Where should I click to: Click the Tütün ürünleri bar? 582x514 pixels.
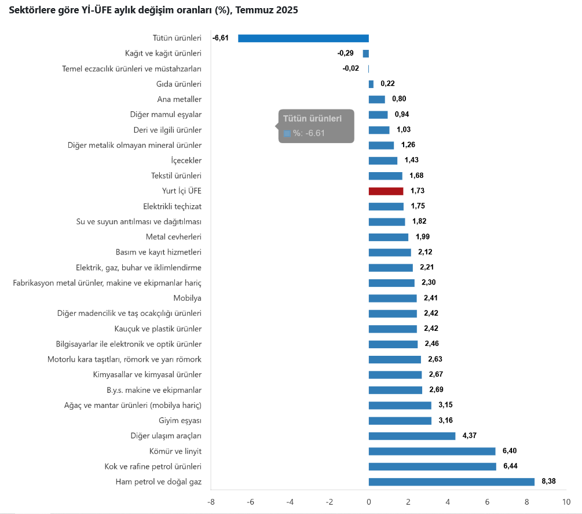point(303,38)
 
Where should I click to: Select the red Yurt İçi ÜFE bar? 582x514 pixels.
point(386,191)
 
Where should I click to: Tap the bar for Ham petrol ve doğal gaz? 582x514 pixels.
point(451,482)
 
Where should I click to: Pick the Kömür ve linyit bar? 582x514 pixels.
point(432,451)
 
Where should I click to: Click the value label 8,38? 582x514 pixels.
point(548,482)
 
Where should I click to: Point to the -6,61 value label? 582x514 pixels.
point(221,38)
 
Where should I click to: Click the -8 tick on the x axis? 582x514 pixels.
point(211,502)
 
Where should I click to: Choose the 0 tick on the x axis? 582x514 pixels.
point(369,502)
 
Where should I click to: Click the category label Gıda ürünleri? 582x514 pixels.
point(179,84)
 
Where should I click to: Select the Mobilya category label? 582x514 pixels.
point(187,298)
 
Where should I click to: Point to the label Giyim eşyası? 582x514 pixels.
point(180,421)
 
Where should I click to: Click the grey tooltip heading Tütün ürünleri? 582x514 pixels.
point(312,118)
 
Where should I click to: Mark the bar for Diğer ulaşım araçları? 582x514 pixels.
point(412,436)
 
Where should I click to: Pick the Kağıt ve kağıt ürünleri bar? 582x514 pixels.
point(366,53)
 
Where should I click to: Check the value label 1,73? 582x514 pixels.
point(418,191)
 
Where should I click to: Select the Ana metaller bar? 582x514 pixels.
point(377,99)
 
